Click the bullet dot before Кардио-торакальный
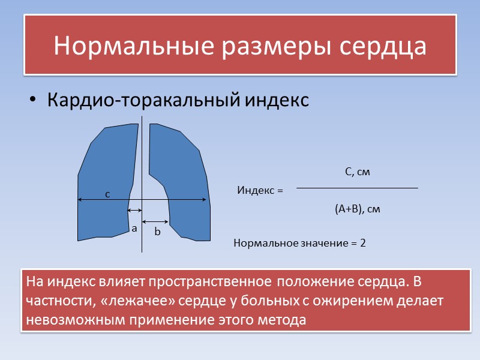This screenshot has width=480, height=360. tap(33, 100)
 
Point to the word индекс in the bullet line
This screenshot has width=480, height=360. tap(277, 100)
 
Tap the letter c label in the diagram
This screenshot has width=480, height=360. tap(107, 194)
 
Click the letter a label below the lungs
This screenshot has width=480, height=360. tap(134, 229)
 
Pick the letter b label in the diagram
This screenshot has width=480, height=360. tap(157, 231)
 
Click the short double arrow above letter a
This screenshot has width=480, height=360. tap(134, 211)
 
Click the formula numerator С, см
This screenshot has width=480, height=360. tap(358, 173)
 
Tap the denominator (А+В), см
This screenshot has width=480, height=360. tap(358, 209)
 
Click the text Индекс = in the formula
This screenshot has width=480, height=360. tap(260, 191)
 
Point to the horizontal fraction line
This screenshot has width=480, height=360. tap(358, 188)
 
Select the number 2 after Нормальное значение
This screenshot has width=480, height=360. tap(363, 244)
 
